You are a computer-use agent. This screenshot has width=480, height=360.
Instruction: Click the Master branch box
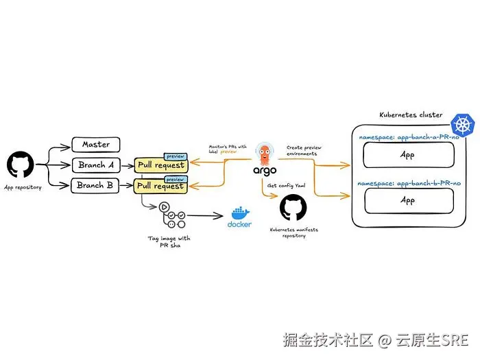(96, 145)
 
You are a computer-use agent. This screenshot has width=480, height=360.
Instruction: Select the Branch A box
(96, 165)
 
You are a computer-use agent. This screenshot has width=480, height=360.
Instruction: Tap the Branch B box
(96, 186)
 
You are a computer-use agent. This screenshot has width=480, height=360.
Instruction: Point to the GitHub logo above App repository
(21, 165)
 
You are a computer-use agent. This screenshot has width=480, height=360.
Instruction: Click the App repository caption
(23, 187)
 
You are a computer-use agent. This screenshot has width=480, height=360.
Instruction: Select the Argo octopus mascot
(265, 154)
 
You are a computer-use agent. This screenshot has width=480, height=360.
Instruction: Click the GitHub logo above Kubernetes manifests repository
(293, 207)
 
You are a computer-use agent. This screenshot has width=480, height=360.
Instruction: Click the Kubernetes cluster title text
(411, 115)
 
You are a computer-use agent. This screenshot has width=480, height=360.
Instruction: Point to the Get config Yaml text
(285, 185)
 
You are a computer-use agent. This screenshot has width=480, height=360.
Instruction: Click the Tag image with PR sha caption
(169, 242)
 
